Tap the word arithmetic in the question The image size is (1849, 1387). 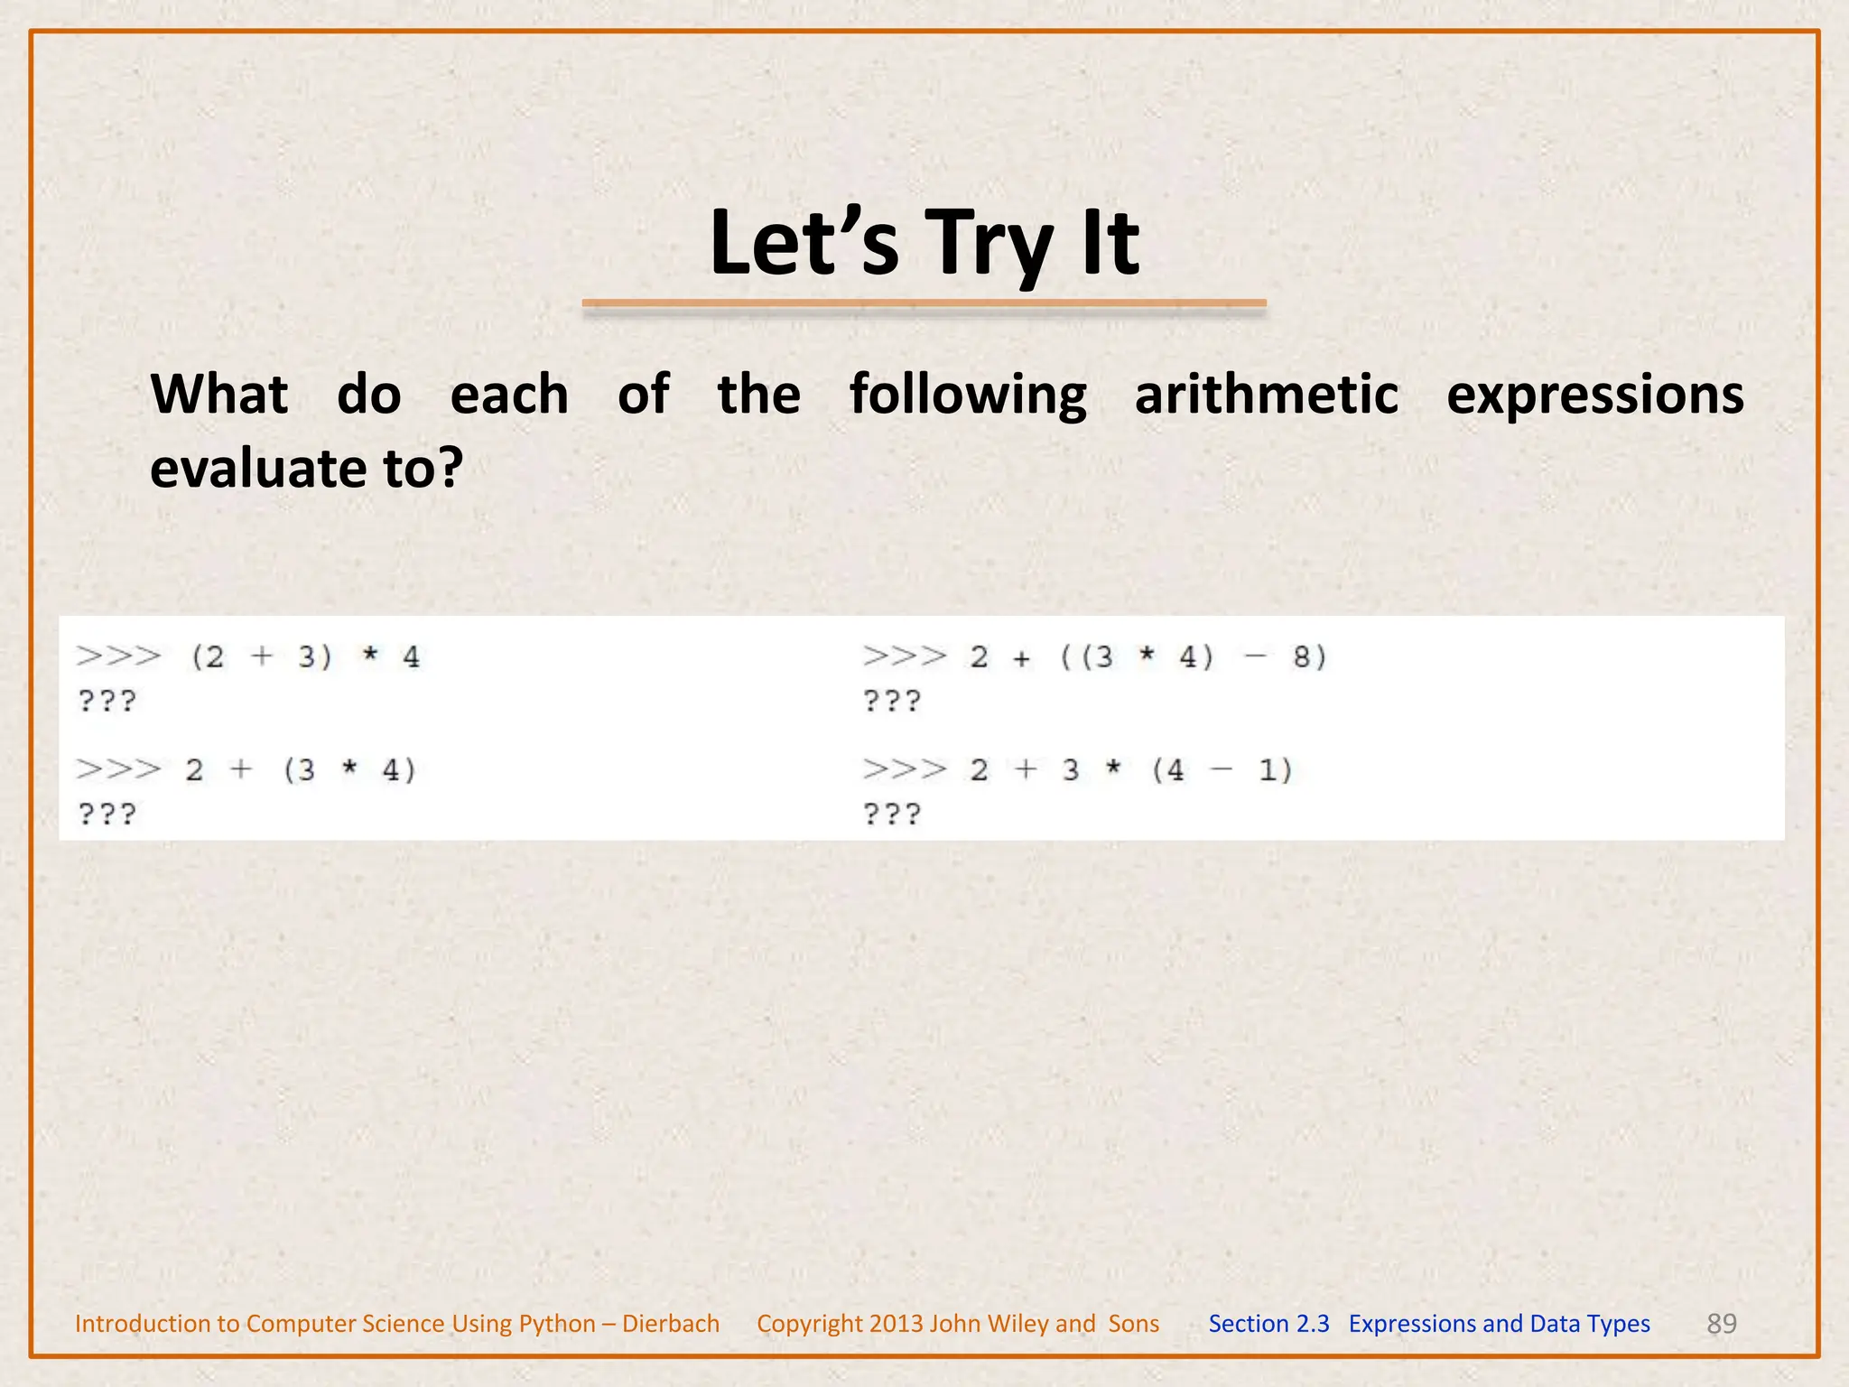tap(1266, 396)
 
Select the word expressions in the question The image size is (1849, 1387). tap(1594, 396)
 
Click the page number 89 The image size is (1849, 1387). tap(1721, 1323)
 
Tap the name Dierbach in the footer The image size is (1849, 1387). tap(671, 1323)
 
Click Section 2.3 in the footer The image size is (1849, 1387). tap(1268, 1323)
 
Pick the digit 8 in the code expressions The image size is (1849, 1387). tap(1302, 656)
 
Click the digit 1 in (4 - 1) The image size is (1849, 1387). tap(1268, 770)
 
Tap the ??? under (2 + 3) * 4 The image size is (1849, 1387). tap(107, 701)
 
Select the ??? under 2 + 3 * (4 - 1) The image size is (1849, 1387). tap(891, 815)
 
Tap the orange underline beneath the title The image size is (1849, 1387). tap(924, 304)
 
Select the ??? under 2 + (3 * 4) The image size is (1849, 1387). tap(107, 815)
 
